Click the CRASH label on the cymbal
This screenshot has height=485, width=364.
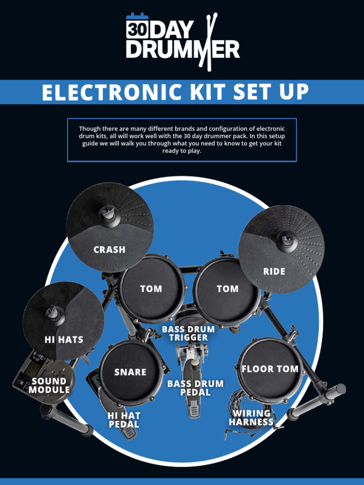point(109,250)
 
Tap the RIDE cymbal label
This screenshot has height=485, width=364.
point(274,271)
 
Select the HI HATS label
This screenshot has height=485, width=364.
point(64,340)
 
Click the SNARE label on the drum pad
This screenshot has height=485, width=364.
point(130,372)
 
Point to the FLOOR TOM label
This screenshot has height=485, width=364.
point(270,369)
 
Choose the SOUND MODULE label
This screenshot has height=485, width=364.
point(49,386)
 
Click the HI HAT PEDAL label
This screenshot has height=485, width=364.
point(124,420)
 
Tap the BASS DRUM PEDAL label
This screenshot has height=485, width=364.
point(195,388)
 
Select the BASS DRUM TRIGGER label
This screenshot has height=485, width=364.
point(189,333)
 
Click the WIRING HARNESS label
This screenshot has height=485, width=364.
point(251,418)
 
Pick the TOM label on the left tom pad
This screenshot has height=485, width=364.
point(151,289)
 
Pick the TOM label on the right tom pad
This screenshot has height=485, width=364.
point(227,289)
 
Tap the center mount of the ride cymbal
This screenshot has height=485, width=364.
point(287,239)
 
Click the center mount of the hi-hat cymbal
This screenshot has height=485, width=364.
point(53,313)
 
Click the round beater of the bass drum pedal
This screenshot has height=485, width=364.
point(194,364)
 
